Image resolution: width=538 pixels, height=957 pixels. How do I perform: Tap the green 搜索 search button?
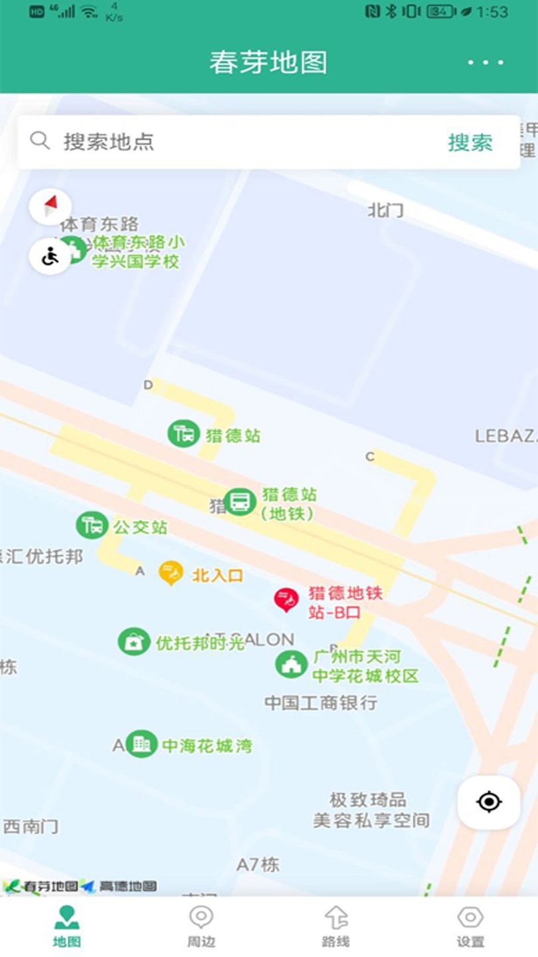470,142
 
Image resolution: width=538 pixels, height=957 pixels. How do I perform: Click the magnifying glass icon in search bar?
40,140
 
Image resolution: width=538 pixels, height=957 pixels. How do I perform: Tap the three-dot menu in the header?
486,62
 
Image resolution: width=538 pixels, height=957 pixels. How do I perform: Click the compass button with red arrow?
50,206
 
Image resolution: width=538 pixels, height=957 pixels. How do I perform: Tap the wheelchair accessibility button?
50,256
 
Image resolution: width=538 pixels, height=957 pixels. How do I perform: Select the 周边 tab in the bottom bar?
201,926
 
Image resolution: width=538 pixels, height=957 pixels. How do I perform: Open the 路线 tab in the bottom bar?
336,926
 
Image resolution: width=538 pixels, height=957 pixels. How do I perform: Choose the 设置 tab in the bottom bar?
470,926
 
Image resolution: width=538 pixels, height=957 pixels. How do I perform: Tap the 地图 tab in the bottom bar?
66,926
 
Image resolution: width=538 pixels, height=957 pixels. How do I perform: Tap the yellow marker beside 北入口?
171,573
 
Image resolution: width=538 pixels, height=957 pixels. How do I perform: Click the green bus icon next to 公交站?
92,526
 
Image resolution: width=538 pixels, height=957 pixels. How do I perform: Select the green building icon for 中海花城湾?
141,744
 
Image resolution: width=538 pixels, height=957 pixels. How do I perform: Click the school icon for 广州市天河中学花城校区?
291,664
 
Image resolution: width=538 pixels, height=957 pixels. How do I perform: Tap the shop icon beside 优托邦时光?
134,642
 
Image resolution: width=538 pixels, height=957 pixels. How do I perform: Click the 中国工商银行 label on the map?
321,702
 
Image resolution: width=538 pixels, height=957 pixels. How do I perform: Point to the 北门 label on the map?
385,211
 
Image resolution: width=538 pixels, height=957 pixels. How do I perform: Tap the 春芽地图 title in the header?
268,62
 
